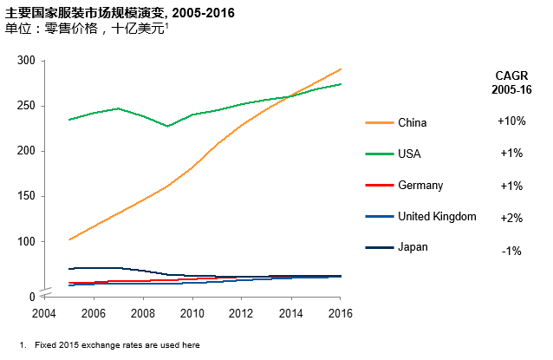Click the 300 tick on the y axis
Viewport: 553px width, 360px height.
click(27, 61)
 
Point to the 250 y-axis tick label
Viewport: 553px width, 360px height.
click(27, 106)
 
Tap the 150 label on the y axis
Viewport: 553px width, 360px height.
click(27, 196)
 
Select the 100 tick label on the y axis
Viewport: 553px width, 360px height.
click(27, 241)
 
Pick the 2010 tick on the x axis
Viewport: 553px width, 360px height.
click(192, 312)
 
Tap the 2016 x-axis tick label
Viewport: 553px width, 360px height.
click(340, 312)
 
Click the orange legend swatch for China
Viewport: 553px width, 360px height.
click(377, 123)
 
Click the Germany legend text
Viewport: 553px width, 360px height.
click(420, 186)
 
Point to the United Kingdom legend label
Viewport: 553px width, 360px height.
click(437, 217)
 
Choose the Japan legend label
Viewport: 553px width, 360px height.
click(413, 247)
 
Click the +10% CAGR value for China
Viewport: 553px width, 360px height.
click(511, 121)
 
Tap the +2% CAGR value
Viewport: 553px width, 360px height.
click(511, 219)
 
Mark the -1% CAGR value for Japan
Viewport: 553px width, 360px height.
click(511, 251)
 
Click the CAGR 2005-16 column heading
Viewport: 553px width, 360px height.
click(511, 82)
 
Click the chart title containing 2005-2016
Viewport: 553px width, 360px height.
click(120, 12)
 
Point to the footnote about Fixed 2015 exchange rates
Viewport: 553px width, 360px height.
click(117, 344)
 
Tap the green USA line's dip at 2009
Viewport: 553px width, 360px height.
click(167, 126)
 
